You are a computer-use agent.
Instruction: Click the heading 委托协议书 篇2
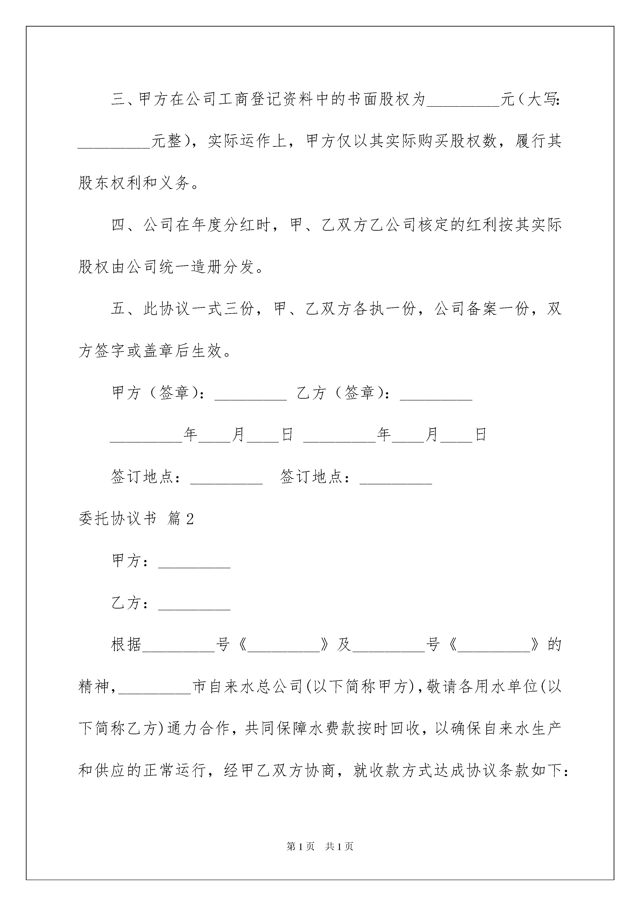click(136, 519)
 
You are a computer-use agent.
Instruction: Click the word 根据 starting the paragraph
click(126, 645)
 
